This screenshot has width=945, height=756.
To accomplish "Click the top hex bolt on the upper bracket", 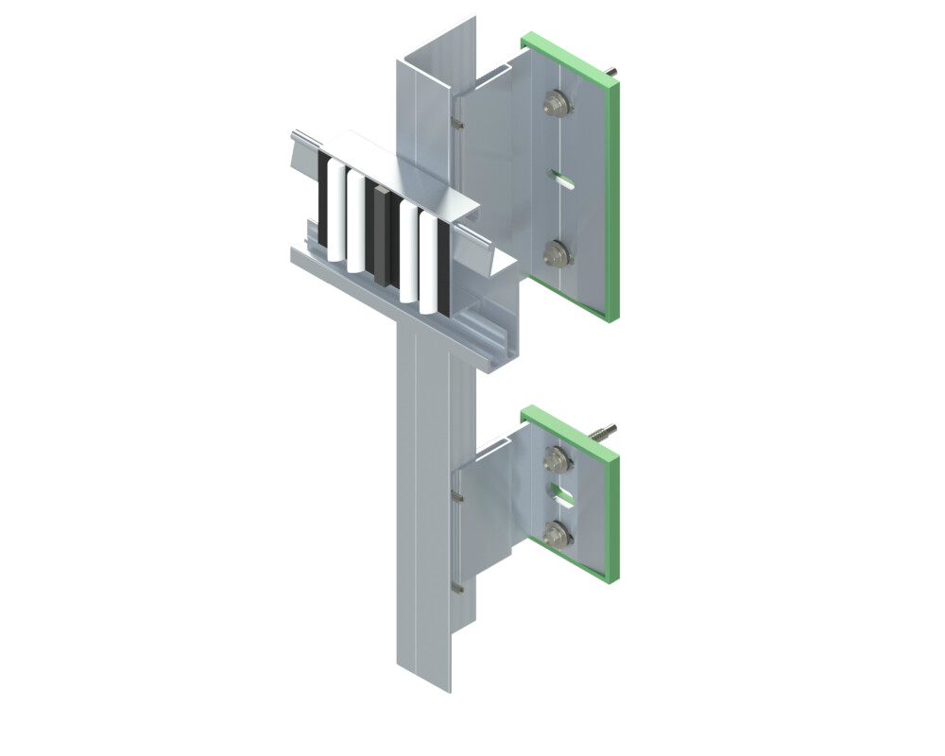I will (x=556, y=103).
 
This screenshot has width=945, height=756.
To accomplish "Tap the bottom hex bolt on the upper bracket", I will (x=557, y=251).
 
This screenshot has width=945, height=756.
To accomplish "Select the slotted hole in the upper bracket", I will (x=561, y=178).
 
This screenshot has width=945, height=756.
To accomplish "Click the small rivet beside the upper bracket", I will (x=457, y=122).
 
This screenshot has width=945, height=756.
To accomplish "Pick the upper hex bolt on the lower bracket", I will (x=557, y=460).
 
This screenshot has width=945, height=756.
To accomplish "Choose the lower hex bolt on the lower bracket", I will (x=557, y=533).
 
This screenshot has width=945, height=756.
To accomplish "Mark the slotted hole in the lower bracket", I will (x=561, y=494).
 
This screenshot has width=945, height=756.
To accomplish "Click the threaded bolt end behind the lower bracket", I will (x=605, y=432).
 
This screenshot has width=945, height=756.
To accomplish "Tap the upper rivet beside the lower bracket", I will (x=457, y=494).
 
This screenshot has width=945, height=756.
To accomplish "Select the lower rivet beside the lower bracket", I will (x=457, y=587).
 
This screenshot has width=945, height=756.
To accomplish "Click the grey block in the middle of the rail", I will (x=381, y=236).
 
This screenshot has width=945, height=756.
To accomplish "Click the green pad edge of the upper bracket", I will (x=612, y=198).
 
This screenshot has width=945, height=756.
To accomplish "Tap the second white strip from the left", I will (x=356, y=222).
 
